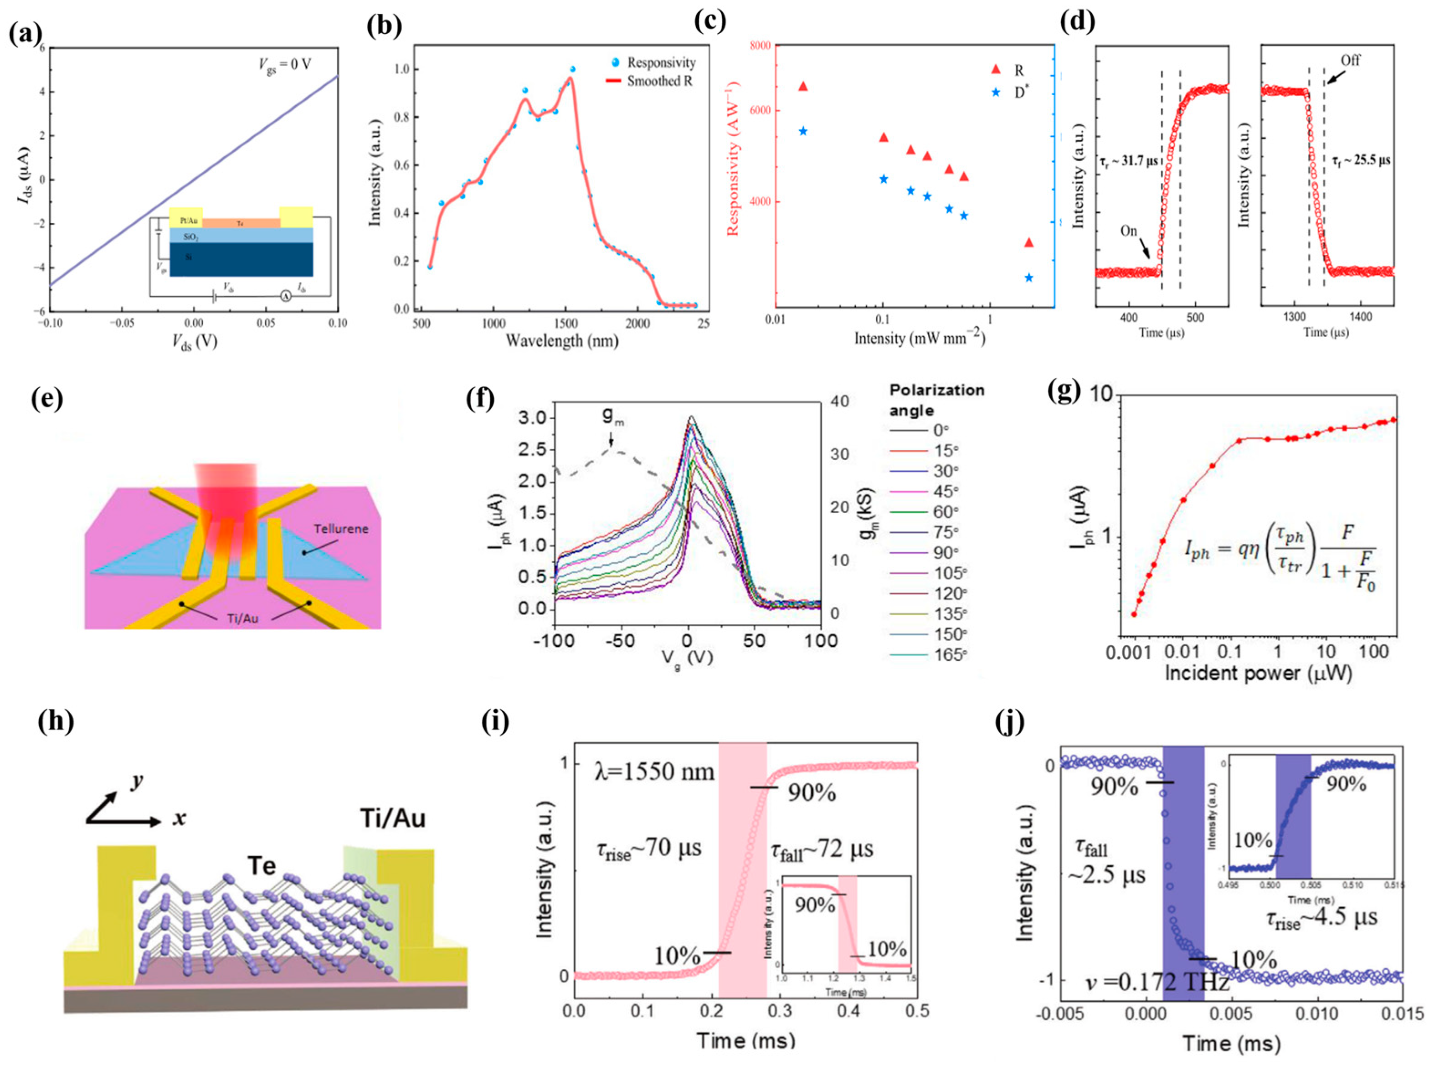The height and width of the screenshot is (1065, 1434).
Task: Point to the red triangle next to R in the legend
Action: click(995, 70)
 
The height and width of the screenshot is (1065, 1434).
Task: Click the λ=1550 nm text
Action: click(654, 771)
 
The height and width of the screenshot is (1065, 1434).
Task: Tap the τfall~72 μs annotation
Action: click(821, 849)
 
